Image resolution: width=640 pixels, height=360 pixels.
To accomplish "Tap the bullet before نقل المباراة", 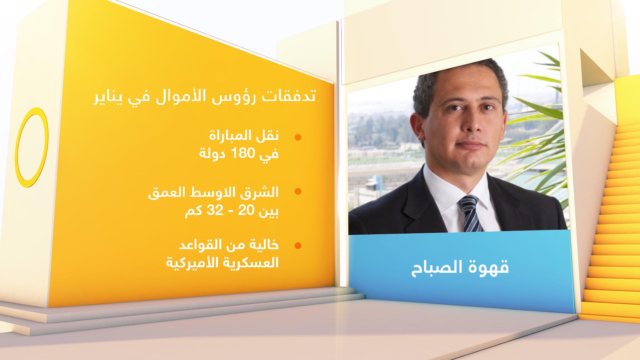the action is click(298, 137).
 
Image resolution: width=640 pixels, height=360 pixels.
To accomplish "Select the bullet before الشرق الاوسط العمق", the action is click(298, 191).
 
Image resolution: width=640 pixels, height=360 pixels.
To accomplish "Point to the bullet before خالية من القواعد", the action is click(298, 246).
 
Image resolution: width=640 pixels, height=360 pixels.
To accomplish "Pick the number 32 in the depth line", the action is click(215, 210).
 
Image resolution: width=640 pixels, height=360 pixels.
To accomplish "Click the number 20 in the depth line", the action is click(246, 210).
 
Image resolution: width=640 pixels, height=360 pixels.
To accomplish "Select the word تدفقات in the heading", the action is click(289, 96).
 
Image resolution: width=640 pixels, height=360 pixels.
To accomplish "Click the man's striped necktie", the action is click(470, 213).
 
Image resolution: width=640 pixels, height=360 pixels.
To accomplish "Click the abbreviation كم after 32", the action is click(193, 211).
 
